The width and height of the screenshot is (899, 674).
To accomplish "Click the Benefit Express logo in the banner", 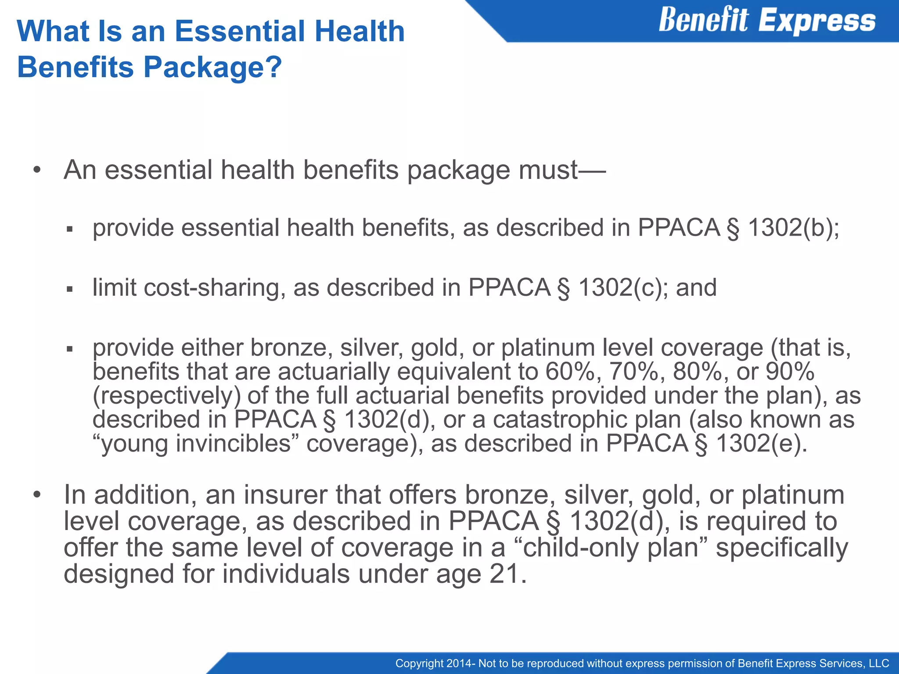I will click(767, 21).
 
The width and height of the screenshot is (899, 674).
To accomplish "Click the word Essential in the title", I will click(240, 32).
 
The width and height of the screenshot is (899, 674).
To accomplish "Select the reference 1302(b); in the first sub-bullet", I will click(793, 228).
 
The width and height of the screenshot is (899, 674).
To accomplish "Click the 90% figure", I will click(790, 372).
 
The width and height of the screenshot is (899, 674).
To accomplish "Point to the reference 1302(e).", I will click(762, 443).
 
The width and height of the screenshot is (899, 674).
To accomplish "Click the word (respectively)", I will click(167, 396).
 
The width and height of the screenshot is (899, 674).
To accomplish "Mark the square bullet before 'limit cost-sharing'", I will click(69, 289).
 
